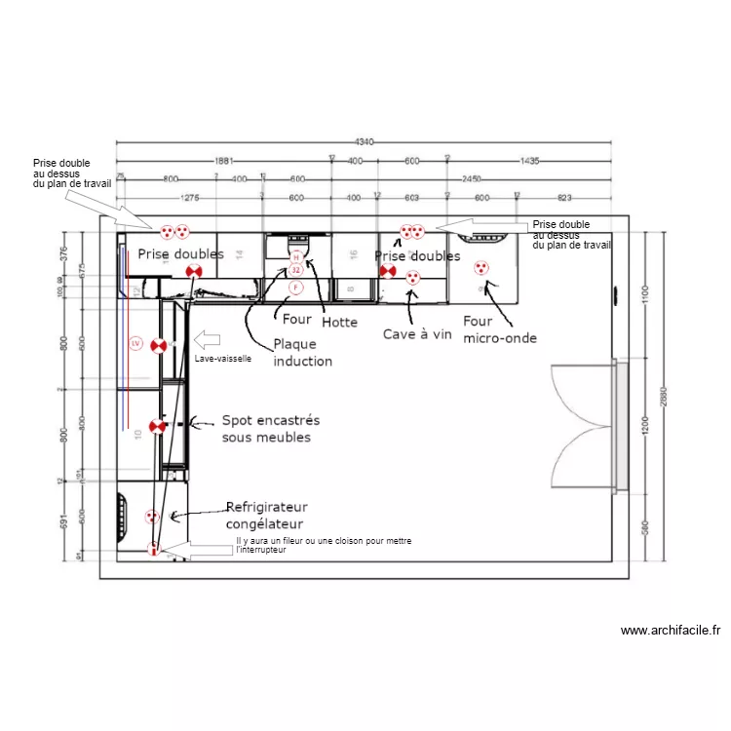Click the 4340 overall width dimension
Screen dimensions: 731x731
364,141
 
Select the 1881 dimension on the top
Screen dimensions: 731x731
223,161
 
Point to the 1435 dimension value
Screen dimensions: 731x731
528,161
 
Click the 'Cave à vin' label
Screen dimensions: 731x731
417,334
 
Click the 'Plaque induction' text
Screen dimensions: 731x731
302,352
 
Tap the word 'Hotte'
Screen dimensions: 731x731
339,322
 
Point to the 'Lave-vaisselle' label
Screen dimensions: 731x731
224,359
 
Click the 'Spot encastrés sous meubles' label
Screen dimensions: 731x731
270,429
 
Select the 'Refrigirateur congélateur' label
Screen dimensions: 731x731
266,515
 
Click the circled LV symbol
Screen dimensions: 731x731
135,343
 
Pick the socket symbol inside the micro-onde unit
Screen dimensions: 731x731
481,268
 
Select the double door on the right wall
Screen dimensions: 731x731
584,427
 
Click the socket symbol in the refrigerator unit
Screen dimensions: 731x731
151,516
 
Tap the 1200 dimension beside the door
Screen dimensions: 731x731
644,427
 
